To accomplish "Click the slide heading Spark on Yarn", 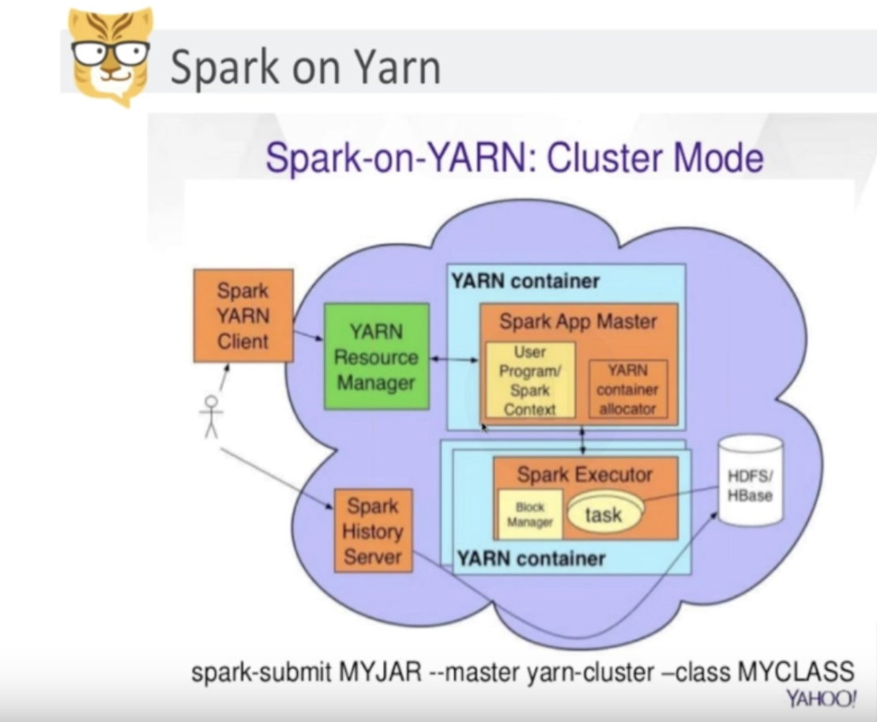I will tap(305, 66).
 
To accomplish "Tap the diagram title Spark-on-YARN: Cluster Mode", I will tap(514, 157).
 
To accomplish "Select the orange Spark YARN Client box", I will tap(243, 316).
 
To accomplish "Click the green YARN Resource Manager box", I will tap(376, 357).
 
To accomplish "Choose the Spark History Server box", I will tap(373, 531).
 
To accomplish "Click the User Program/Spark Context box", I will tap(529, 380).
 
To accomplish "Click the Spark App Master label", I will tap(578, 322).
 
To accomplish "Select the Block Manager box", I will tap(529, 514).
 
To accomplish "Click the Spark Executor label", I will tap(585, 475).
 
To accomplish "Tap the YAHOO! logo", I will tap(821, 699).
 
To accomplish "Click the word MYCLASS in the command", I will tap(796, 673).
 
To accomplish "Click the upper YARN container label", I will tap(525, 280).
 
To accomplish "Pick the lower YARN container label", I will tap(531, 558).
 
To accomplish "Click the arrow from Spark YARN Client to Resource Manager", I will tap(309, 337).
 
